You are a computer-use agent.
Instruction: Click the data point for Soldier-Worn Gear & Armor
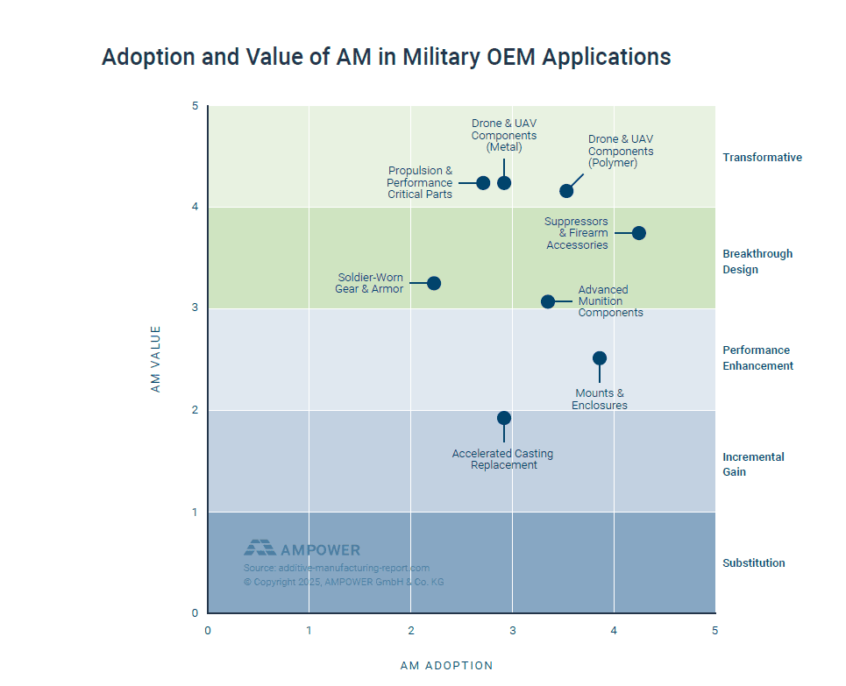point(434,283)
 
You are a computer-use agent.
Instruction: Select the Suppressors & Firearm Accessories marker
point(639,233)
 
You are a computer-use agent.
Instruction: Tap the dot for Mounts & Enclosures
point(600,358)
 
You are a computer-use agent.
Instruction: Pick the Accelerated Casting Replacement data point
point(504,418)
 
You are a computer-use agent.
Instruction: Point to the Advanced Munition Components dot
point(548,301)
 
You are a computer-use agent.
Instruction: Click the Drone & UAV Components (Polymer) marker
point(566,191)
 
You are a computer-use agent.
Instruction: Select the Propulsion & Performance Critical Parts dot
point(483,183)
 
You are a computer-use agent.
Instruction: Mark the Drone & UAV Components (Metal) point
point(504,183)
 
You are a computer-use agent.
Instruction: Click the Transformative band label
point(762,158)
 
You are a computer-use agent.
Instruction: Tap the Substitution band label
point(753,563)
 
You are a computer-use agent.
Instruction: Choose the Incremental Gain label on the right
point(753,464)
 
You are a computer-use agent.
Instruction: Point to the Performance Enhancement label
point(757,358)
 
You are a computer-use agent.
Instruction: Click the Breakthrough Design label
point(757,262)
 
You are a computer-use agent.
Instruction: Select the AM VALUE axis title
point(156,358)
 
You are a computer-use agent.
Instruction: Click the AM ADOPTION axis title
point(446,666)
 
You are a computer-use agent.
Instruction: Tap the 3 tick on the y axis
point(195,308)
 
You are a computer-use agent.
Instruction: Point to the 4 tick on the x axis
point(614,631)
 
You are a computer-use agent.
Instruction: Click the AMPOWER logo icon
point(259,548)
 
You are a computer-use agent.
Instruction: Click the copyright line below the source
point(344,582)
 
